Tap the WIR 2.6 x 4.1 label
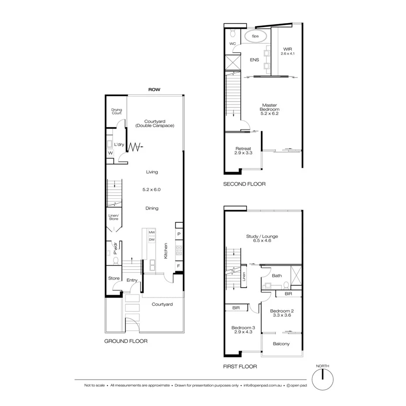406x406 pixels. coord(287,51)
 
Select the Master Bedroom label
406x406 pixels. coord(270,109)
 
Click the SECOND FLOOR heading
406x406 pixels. coord(244,184)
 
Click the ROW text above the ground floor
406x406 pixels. coord(154,89)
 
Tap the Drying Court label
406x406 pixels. coord(116,112)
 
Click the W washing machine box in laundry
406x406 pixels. coord(110,153)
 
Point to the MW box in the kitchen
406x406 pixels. coord(152,233)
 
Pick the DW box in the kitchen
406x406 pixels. coord(152,240)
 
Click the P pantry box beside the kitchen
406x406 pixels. coord(179,234)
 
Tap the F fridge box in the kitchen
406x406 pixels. coord(179,266)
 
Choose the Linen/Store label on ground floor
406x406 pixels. coord(113,217)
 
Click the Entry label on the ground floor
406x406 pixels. coord(132,281)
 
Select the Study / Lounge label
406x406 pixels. coord(262,238)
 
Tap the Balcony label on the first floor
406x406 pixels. coord(281,344)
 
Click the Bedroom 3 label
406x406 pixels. coord(243,330)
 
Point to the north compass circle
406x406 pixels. coord(322,380)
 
